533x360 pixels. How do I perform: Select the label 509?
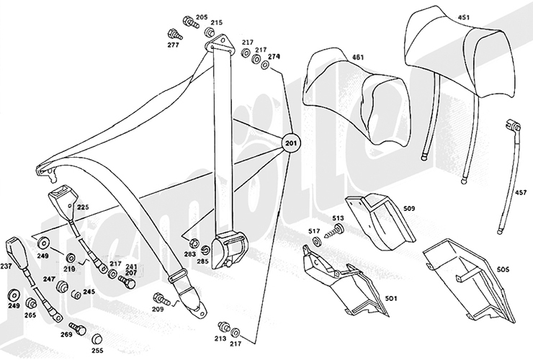(410, 210)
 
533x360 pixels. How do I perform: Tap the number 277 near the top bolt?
(173, 45)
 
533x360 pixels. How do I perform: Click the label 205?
(201, 17)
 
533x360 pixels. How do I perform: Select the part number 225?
(83, 208)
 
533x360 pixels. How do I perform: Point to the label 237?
(6, 266)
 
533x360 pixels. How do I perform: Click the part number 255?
(97, 351)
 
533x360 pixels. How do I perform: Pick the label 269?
(66, 335)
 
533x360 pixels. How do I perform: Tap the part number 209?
(158, 310)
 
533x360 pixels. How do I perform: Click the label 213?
(220, 338)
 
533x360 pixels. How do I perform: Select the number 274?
(274, 55)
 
